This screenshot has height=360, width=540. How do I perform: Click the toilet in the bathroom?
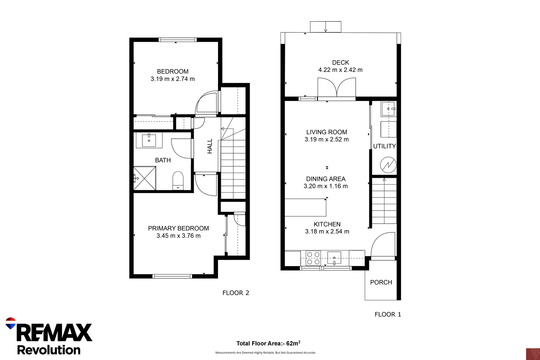coord(178,181)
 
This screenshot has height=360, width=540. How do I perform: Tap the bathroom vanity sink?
coord(149,140)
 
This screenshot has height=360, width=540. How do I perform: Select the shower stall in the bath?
coord(145,178)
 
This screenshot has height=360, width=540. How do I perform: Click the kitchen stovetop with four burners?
coord(313,258)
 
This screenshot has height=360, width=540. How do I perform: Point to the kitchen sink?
coord(334,258)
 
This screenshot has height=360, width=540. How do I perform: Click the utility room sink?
coord(388,109)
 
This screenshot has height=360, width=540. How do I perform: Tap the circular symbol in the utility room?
coord(388,165)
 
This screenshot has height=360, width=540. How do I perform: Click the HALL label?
coord(210,146)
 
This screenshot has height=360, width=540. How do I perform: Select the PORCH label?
coord(381,282)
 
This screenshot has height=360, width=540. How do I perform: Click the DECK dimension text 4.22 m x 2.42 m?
coord(341,70)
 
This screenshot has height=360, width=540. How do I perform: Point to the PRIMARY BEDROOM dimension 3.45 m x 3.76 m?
coord(179,236)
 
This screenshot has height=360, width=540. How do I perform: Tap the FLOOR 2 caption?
coord(236,293)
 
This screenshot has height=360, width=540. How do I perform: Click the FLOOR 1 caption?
coord(388,314)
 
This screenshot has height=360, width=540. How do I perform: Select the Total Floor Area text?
coord(268,343)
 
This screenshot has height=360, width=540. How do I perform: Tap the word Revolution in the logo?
coord(49,350)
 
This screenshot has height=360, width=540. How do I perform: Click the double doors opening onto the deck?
coord(336,88)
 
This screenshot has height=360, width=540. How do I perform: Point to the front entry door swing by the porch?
coord(383,246)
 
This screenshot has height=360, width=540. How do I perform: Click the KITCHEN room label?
coord(327,224)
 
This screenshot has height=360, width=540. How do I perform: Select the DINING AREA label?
coord(326,179)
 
